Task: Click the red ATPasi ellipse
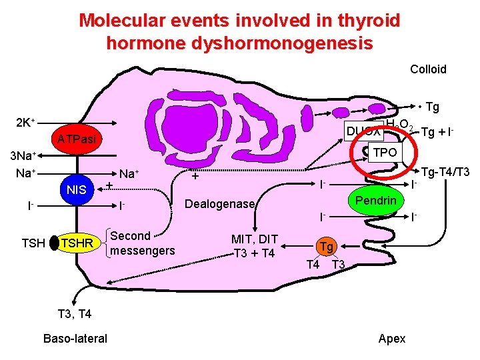[x=76, y=139]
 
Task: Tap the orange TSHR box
[x=76, y=243]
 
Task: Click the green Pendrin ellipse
[x=375, y=201]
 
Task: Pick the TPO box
[x=384, y=152]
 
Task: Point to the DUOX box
[x=363, y=131]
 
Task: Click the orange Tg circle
[x=326, y=247]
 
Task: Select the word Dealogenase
[x=219, y=204]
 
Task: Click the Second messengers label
[x=142, y=243]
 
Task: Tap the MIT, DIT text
[x=254, y=239]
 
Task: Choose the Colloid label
[x=428, y=69]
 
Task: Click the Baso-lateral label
[x=75, y=338]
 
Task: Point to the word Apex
[x=391, y=338]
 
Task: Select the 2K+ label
[x=25, y=123]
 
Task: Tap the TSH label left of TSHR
[x=33, y=243]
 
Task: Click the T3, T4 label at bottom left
[x=75, y=313]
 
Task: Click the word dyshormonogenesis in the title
[x=239, y=44]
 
